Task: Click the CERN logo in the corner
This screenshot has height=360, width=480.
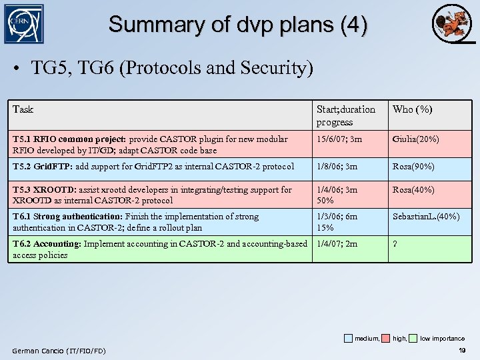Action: pos(24,24)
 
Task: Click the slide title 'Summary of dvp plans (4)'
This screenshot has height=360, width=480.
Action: pos(238,25)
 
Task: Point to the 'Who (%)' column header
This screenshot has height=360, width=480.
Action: pos(412,109)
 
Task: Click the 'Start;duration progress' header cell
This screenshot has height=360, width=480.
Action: pos(346,115)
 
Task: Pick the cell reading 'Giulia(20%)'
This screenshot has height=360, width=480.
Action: pos(415,139)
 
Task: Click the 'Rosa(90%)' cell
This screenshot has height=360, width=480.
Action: pos(413,166)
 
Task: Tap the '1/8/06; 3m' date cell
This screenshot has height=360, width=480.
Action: pos(337,166)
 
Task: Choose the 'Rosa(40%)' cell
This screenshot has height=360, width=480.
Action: pos(413,190)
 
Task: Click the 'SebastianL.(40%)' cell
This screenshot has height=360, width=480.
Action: pos(426,217)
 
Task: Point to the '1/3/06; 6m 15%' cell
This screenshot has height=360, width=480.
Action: pos(337,222)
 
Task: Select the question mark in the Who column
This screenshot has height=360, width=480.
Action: pos(395,244)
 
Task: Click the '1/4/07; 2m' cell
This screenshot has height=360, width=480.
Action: pos(337,244)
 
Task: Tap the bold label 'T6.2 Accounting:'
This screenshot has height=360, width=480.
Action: pos(47,244)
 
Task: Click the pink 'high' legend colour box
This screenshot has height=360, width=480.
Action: pos(385,339)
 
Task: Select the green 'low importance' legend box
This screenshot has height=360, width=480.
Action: pos(413,339)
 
